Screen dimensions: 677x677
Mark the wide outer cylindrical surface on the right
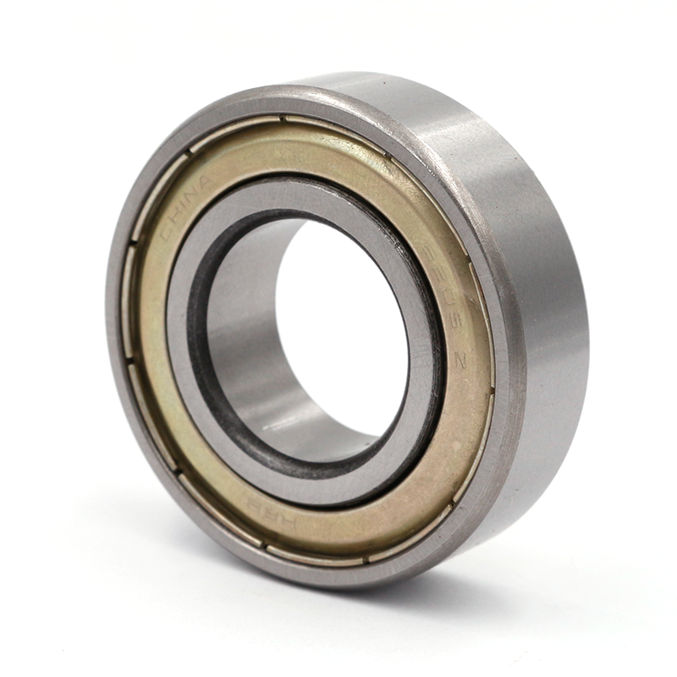542,296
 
